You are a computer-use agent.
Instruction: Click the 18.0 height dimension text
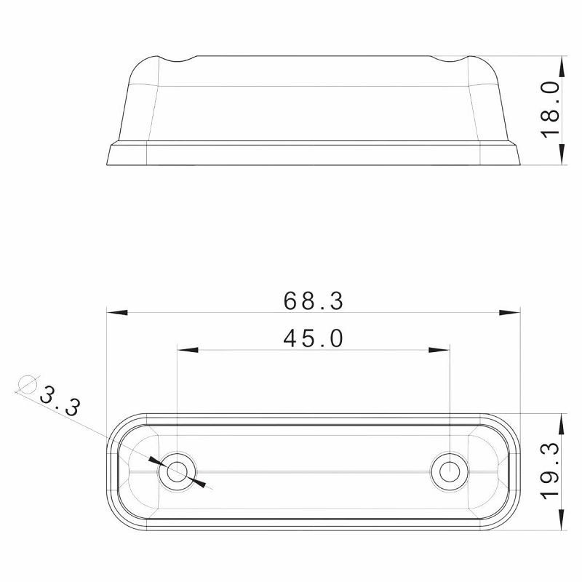551,109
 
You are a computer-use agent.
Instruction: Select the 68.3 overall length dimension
313,300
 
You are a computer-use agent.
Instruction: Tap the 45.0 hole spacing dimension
313,338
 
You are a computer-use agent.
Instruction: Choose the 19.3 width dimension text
551,471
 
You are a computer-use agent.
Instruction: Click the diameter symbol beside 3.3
28,383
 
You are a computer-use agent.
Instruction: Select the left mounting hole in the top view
176,472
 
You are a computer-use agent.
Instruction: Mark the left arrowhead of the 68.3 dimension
116,313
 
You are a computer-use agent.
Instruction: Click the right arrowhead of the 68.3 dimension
511,313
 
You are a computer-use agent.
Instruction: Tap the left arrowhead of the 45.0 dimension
188,351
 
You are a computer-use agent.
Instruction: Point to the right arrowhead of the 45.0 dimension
439,351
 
